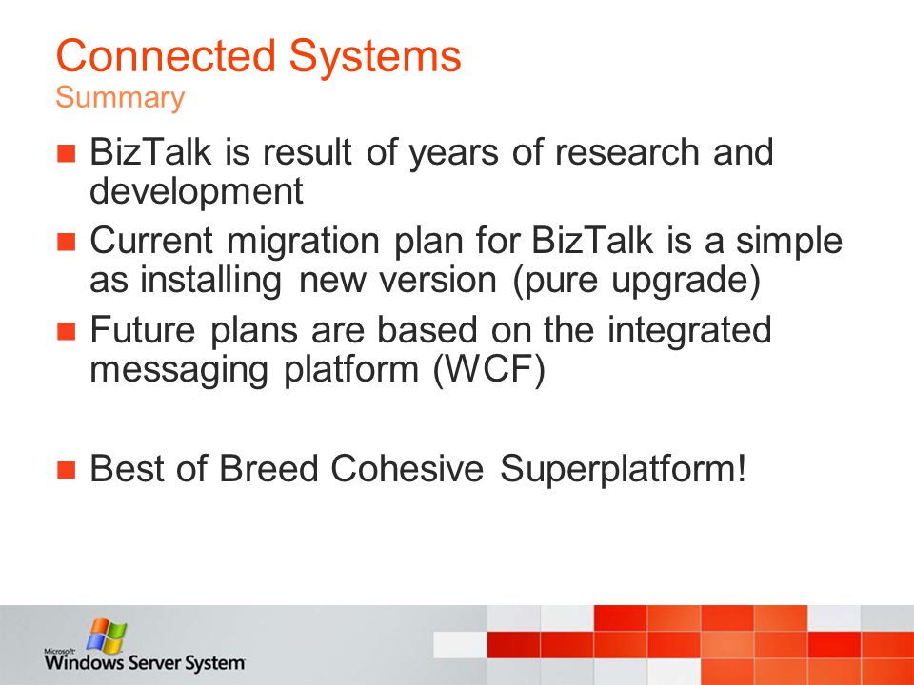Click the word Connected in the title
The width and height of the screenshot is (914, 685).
pos(166,56)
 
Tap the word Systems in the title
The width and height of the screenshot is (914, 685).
pos(375,57)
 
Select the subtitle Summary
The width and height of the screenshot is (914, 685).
pos(120,98)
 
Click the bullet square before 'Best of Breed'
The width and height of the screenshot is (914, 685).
pos(67,469)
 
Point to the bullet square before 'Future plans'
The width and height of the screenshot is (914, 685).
pos(67,331)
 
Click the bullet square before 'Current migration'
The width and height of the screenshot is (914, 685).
pos(67,241)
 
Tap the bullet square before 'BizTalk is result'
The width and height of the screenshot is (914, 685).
pos(67,152)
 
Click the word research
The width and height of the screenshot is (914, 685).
pos(626,152)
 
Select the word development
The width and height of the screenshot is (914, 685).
pos(196,191)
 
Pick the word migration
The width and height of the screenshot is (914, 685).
pos(303,241)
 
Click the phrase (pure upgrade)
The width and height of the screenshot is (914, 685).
pos(637,281)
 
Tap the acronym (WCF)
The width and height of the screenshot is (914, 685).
pos(489,369)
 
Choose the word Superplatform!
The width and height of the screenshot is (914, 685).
pos(623,469)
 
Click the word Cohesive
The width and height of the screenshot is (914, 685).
pos(407,468)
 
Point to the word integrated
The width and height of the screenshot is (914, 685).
pos(689,330)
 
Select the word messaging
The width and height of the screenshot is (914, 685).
pos(179,370)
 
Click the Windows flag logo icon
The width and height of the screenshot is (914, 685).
pos(107,636)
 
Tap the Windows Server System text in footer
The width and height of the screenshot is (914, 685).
pos(145,662)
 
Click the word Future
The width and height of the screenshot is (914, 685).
pos(143,330)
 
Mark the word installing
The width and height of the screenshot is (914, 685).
pos(210,280)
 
